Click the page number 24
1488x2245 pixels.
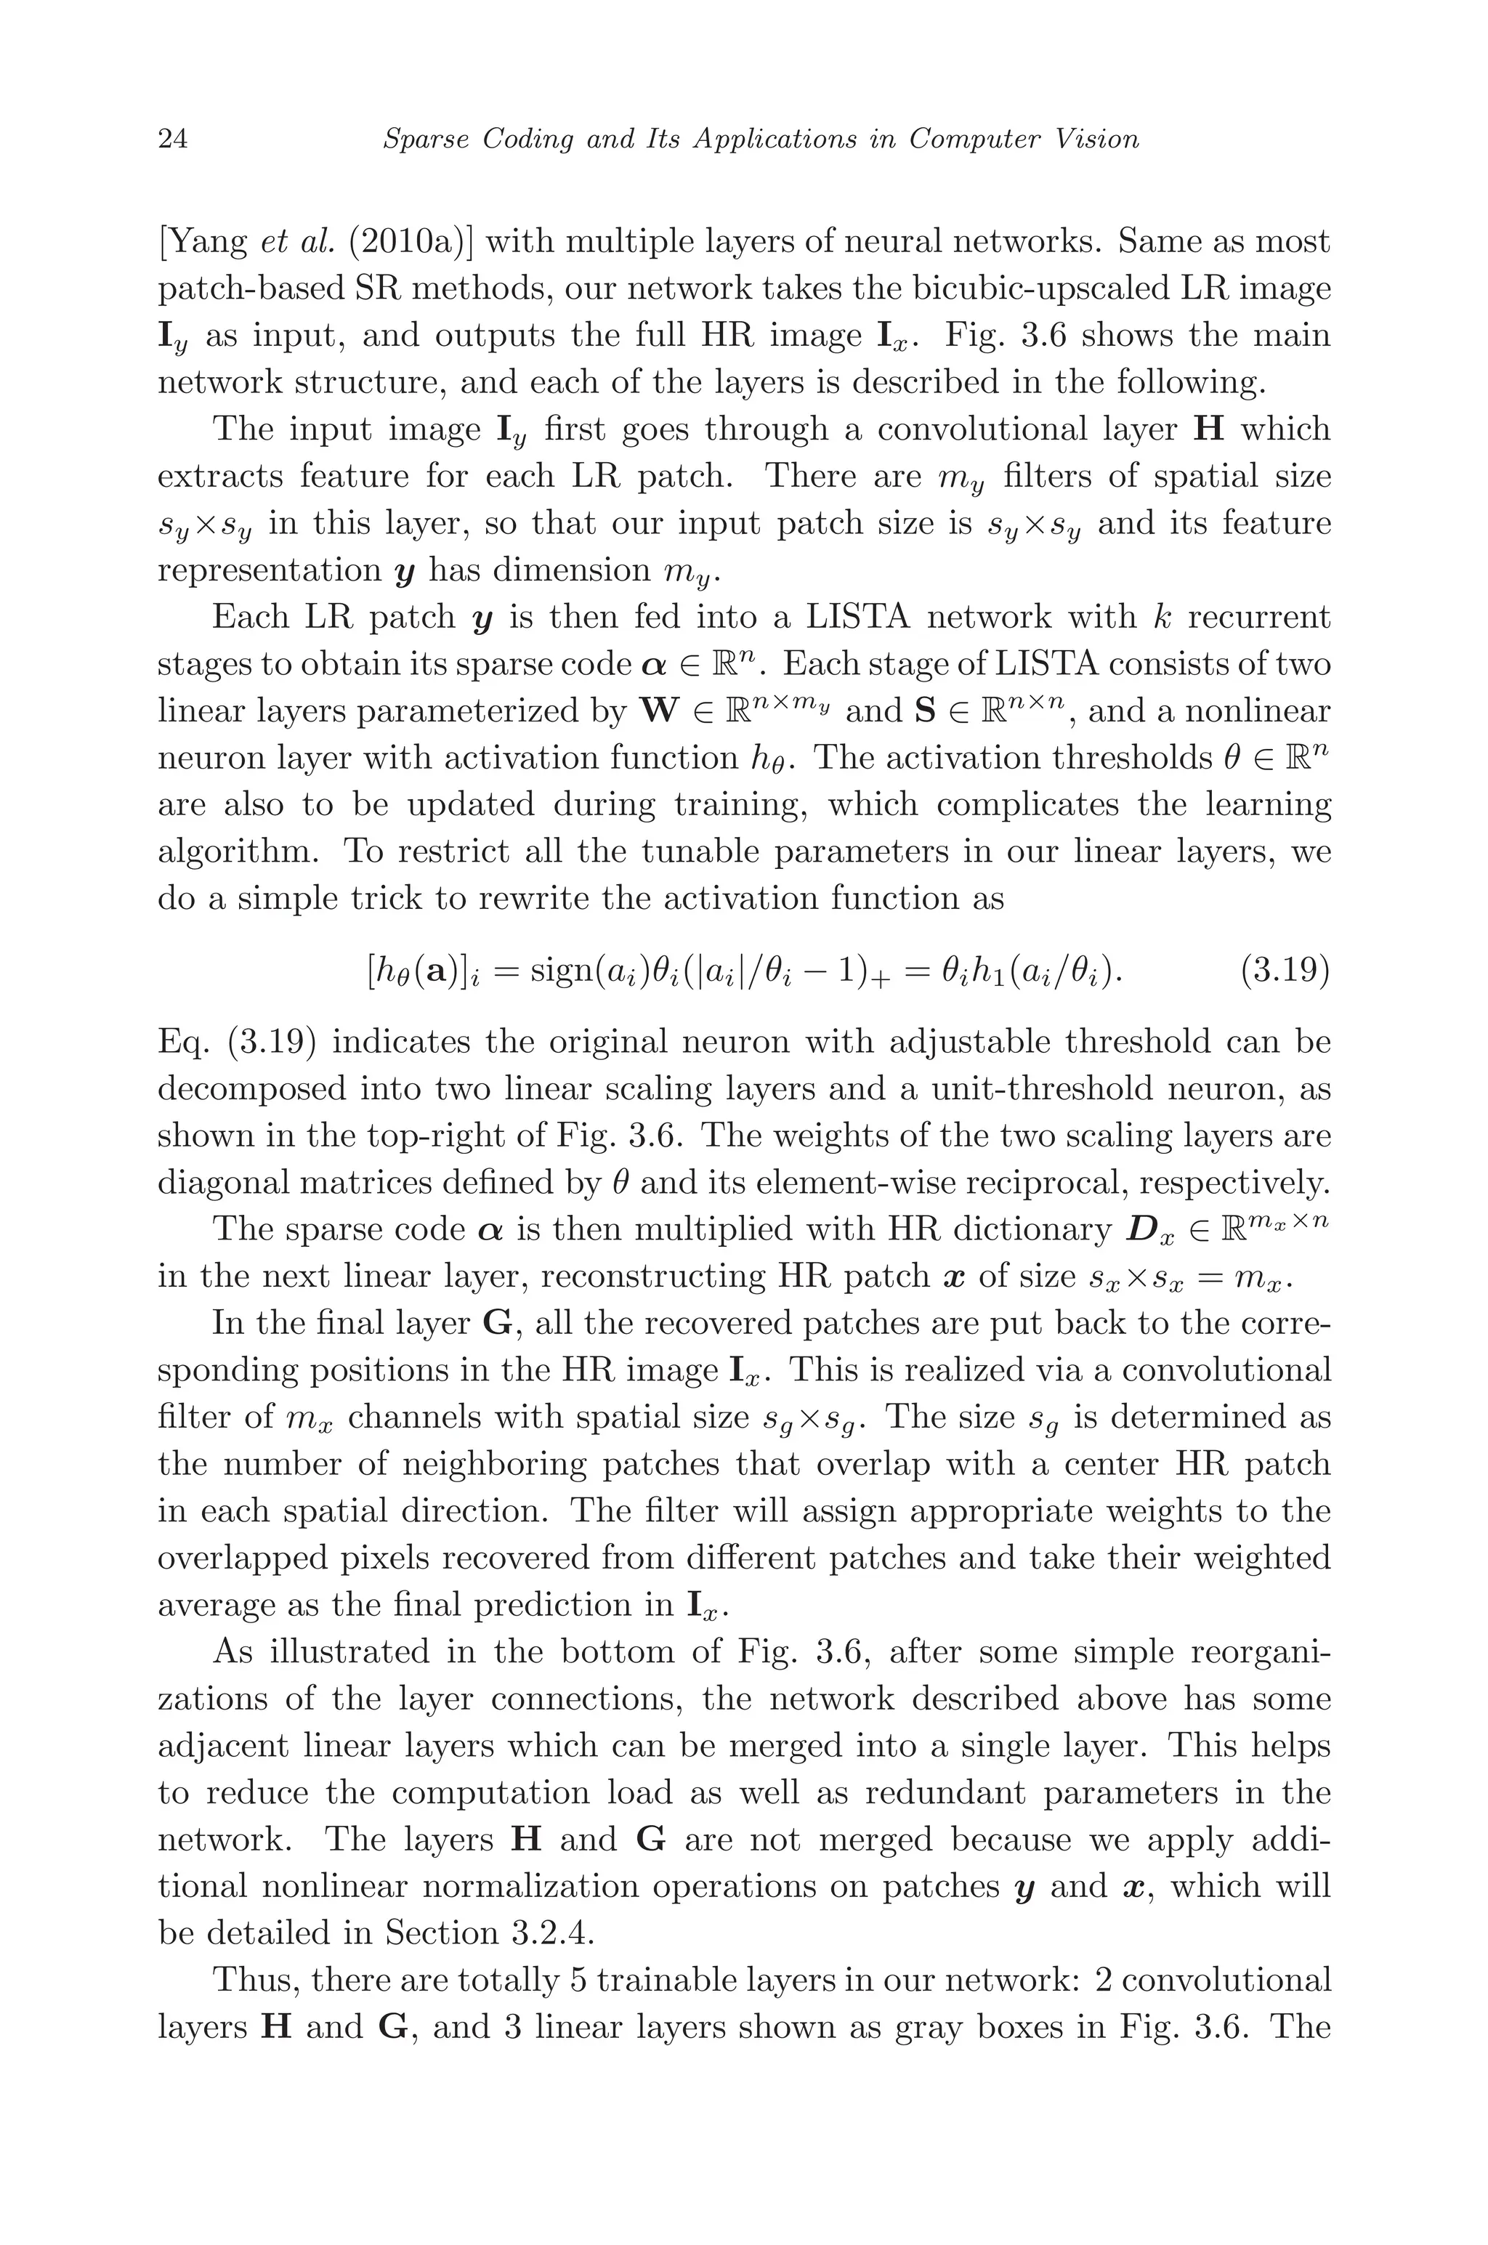coord(173,139)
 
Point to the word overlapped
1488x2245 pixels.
coord(261,1558)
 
